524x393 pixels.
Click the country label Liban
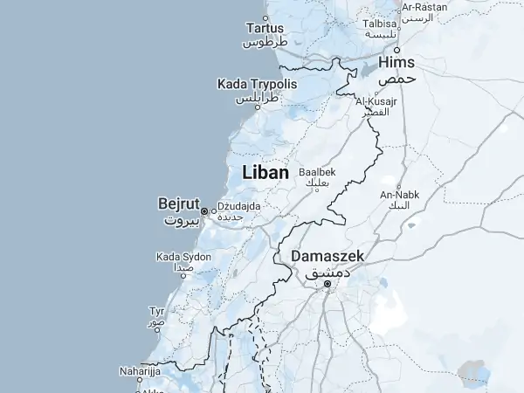[x=264, y=174]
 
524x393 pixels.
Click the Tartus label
[x=265, y=28]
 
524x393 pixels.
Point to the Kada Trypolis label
[x=257, y=85]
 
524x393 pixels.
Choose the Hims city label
[x=396, y=63]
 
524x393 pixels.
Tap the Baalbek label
[x=317, y=172]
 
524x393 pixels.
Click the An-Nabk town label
[x=399, y=194]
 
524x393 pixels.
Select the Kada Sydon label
[x=183, y=257]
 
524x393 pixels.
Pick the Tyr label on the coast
[x=157, y=311]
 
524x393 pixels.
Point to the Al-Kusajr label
[x=376, y=102]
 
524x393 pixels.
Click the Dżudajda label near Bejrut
[x=239, y=206]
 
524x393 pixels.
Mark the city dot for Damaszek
[x=327, y=284]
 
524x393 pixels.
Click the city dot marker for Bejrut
[x=204, y=210]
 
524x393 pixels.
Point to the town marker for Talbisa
[x=398, y=26]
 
